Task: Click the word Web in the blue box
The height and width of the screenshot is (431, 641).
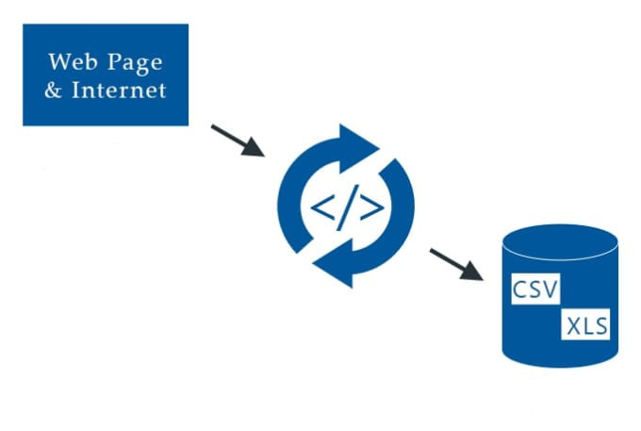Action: (71, 62)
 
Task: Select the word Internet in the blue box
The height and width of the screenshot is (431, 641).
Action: (121, 91)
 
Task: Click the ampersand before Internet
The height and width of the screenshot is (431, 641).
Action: (57, 91)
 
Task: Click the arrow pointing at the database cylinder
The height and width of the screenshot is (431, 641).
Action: (456, 263)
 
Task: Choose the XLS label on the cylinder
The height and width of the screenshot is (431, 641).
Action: (587, 327)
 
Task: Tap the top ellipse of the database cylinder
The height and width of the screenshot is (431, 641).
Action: (560, 239)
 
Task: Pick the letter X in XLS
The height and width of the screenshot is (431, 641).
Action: (572, 327)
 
